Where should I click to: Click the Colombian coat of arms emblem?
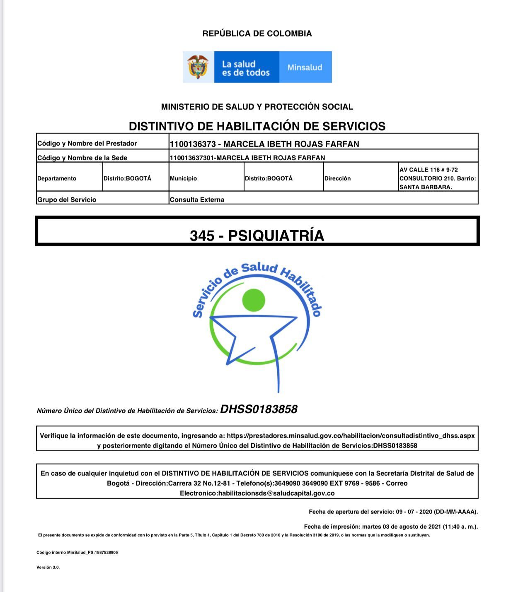pos(198,67)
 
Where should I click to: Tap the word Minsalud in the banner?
pos(305,67)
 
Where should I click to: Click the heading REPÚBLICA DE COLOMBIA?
pos(257,34)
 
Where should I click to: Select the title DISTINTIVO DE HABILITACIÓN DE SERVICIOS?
pos(257,126)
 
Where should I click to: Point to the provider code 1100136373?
pos(193,144)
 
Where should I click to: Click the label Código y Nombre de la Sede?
pos(82,158)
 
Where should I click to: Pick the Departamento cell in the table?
pos(57,178)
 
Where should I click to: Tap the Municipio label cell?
pos(183,178)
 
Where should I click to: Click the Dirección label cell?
pos(337,178)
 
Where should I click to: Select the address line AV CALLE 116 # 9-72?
pos(429,170)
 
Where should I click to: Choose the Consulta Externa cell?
pos(197,200)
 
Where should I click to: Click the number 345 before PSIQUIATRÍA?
pos(202,236)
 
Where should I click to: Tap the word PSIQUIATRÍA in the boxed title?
pos(276,236)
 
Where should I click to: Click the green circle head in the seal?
pos(253,300)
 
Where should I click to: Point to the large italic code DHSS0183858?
pos(259,409)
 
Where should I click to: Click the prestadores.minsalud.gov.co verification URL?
pos(351,436)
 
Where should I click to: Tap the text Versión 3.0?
pos(48,567)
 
